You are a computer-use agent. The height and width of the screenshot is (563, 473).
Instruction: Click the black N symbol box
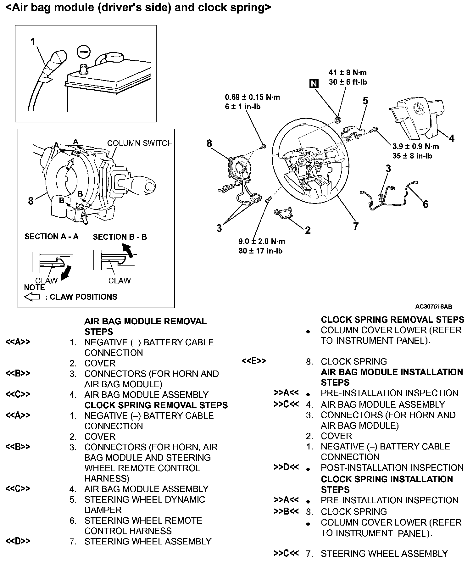pyautogui.click(x=314, y=83)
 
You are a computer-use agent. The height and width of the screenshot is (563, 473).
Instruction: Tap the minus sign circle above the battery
pyautogui.click(x=83, y=52)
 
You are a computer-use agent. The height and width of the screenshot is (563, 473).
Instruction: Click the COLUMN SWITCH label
pyautogui.click(x=140, y=143)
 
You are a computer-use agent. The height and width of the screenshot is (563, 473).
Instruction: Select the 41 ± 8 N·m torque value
pyautogui.click(x=348, y=73)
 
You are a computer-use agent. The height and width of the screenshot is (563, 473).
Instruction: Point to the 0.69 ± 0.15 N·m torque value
pyautogui.click(x=252, y=97)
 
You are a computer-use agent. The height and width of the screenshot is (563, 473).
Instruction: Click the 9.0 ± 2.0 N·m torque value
pyautogui.click(x=262, y=242)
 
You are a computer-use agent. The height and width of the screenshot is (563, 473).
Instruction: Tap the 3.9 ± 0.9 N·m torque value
pyautogui.click(x=415, y=147)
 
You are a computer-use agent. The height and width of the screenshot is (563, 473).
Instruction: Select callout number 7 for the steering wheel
pyautogui.click(x=356, y=226)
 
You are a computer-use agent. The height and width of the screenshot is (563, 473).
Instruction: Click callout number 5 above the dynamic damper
pyautogui.click(x=365, y=101)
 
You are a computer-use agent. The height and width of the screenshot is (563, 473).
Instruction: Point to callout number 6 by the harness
pyautogui.click(x=426, y=204)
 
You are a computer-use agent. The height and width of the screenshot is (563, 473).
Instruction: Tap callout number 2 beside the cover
pyautogui.click(x=308, y=230)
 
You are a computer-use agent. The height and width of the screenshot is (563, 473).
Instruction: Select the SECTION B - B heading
pyautogui.click(x=120, y=237)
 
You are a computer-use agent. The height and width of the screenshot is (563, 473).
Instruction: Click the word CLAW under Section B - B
pyautogui.click(x=120, y=281)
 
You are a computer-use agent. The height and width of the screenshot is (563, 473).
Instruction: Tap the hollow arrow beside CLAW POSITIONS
pyautogui.click(x=32, y=297)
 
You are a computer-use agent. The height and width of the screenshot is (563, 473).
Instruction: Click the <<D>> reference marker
pyautogui.click(x=18, y=541)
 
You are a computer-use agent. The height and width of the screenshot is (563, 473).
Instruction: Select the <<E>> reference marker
pyautogui.click(x=254, y=361)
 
